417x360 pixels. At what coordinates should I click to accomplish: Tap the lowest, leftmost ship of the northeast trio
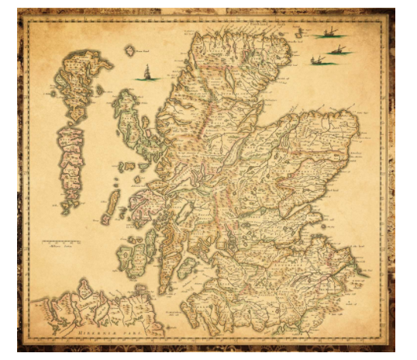point(317,61)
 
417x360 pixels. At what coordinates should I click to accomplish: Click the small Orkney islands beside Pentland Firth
point(288,27)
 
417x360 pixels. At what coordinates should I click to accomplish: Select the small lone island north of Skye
point(130,51)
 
